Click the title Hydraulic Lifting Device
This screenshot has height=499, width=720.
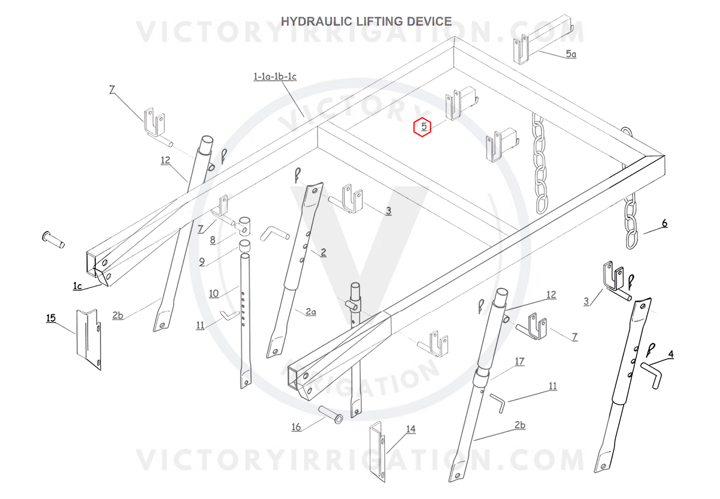coord(366,22)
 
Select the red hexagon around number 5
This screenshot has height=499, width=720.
coord(422,127)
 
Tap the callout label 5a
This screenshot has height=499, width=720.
coord(571,54)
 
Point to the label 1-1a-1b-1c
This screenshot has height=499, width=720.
coord(275,77)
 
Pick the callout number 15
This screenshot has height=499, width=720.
coord(51,318)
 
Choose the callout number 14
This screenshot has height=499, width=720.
coord(411,429)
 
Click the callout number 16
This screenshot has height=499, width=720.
coord(296,427)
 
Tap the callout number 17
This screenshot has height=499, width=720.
coord(519,361)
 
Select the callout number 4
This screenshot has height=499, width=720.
coord(671,354)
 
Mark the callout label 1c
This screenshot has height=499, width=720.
coord(77,286)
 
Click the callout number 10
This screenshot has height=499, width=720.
coord(214,294)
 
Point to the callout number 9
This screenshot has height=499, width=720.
coord(201,261)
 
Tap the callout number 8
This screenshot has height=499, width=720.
coord(213,240)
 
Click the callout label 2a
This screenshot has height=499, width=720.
coord(311,312)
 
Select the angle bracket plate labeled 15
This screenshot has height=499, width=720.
coord(89,339)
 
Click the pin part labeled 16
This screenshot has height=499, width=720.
coord(331,414)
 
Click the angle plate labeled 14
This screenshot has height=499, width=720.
coord(378,452)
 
